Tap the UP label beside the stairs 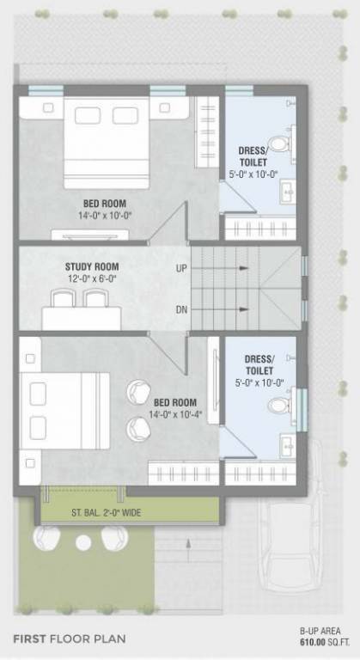pyautogui.click(x=181, y=268)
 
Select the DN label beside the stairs pyautogui.click(x=181, y=309)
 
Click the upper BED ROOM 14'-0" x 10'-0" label pyautogui.click(x=102, y=210)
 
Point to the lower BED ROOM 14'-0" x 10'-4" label pyautogui.click(x=174, y=408)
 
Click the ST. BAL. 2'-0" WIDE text pyautogui.click(x=107, y=513)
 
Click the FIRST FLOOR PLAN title pyautogui.click(x=70, y=639)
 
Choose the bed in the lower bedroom pyautogui.click(x=64, y=411)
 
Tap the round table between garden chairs pyautogui.click(x=82, y=542)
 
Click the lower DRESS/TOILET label pyautogui.click(x=259, y=365)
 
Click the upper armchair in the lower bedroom pyautogui.click(x=137, y=393)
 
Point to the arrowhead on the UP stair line pyautogui.click(x=245, y=268)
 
